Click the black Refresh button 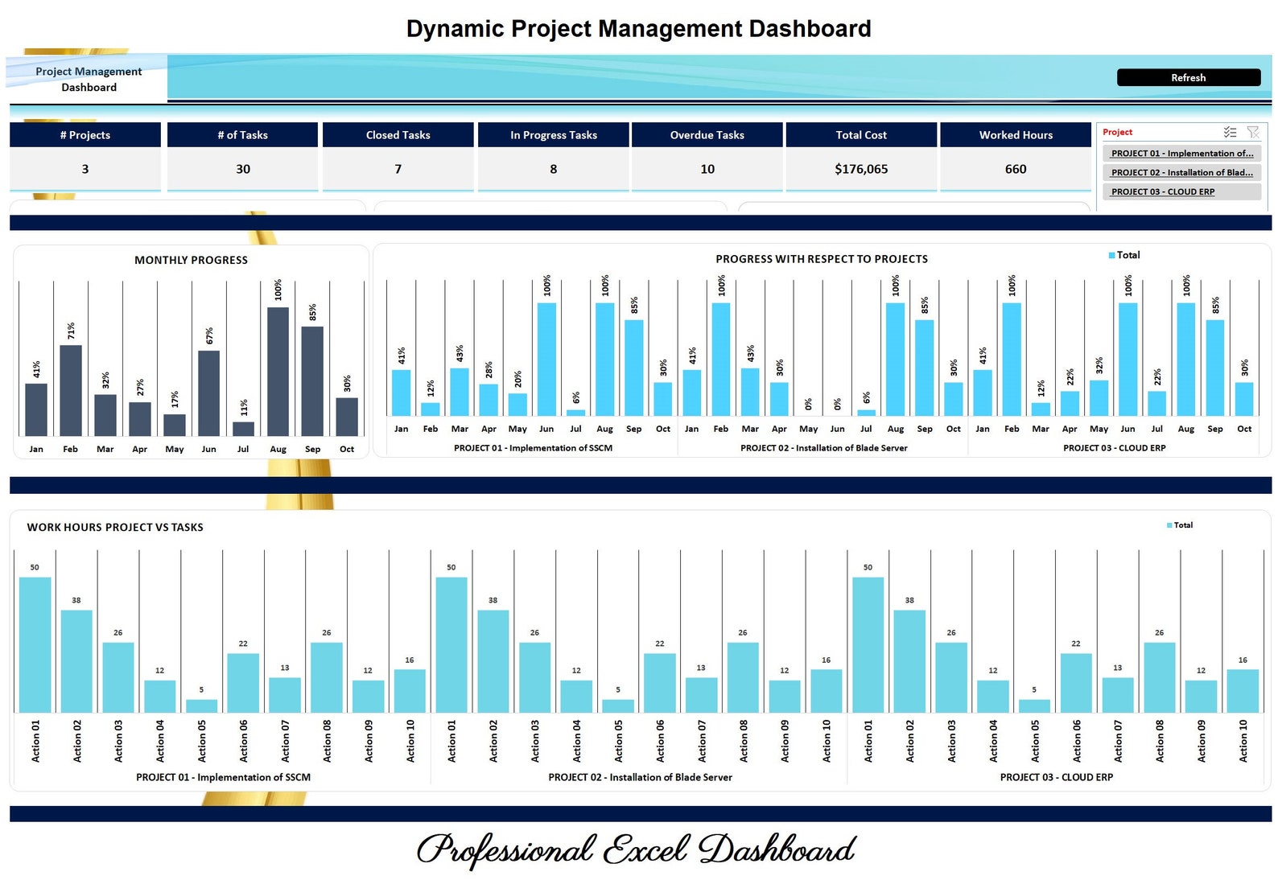point(1188,77)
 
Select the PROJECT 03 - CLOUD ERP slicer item point(1162,191)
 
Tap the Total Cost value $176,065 point(860,169)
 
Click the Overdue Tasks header point(707,135)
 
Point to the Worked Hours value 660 point(1015,169)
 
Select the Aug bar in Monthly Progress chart point(278,372)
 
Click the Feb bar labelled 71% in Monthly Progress point(71,391)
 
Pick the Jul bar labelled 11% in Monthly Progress point(243,429)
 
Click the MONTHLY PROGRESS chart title point(191,260)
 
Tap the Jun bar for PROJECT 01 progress point(546,359)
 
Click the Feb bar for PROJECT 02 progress point(721,359)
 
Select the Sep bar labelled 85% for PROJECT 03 point(1214,368)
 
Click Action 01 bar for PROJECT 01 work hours point(35,644)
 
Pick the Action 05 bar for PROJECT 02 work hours point(618,705)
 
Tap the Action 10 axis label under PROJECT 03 point(1243,741)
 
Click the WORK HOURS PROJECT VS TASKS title point(115,527)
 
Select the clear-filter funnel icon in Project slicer point(1252,132)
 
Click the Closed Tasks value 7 point(398,169)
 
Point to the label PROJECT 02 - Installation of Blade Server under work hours point(640,777)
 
